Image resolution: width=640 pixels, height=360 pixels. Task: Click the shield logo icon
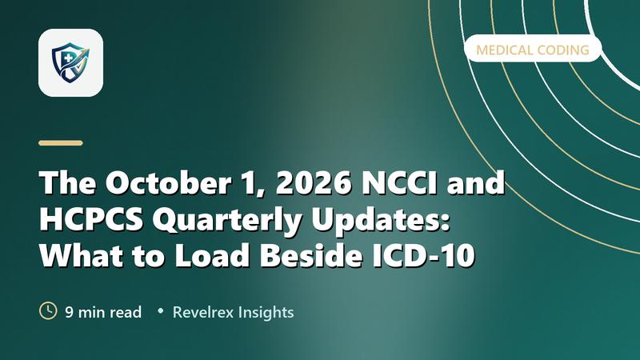70,63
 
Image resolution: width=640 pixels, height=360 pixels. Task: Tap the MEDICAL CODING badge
533,49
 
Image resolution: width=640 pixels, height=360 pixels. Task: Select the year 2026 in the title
314,182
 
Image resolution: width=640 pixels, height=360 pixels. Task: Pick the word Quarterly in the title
227,221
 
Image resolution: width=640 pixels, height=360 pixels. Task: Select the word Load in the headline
212,255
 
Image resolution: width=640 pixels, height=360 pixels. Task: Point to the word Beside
311,255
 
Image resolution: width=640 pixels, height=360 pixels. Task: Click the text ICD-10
424,255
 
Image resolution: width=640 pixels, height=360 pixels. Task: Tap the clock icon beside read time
48,310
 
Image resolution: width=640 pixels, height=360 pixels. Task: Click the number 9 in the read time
70,312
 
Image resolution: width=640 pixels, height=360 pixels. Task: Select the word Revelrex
203,312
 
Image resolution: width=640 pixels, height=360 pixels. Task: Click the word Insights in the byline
266,313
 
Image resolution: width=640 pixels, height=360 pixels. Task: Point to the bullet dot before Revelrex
161,311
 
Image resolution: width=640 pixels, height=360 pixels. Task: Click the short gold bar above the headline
61,143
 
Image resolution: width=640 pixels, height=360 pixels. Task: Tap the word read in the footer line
126,312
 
